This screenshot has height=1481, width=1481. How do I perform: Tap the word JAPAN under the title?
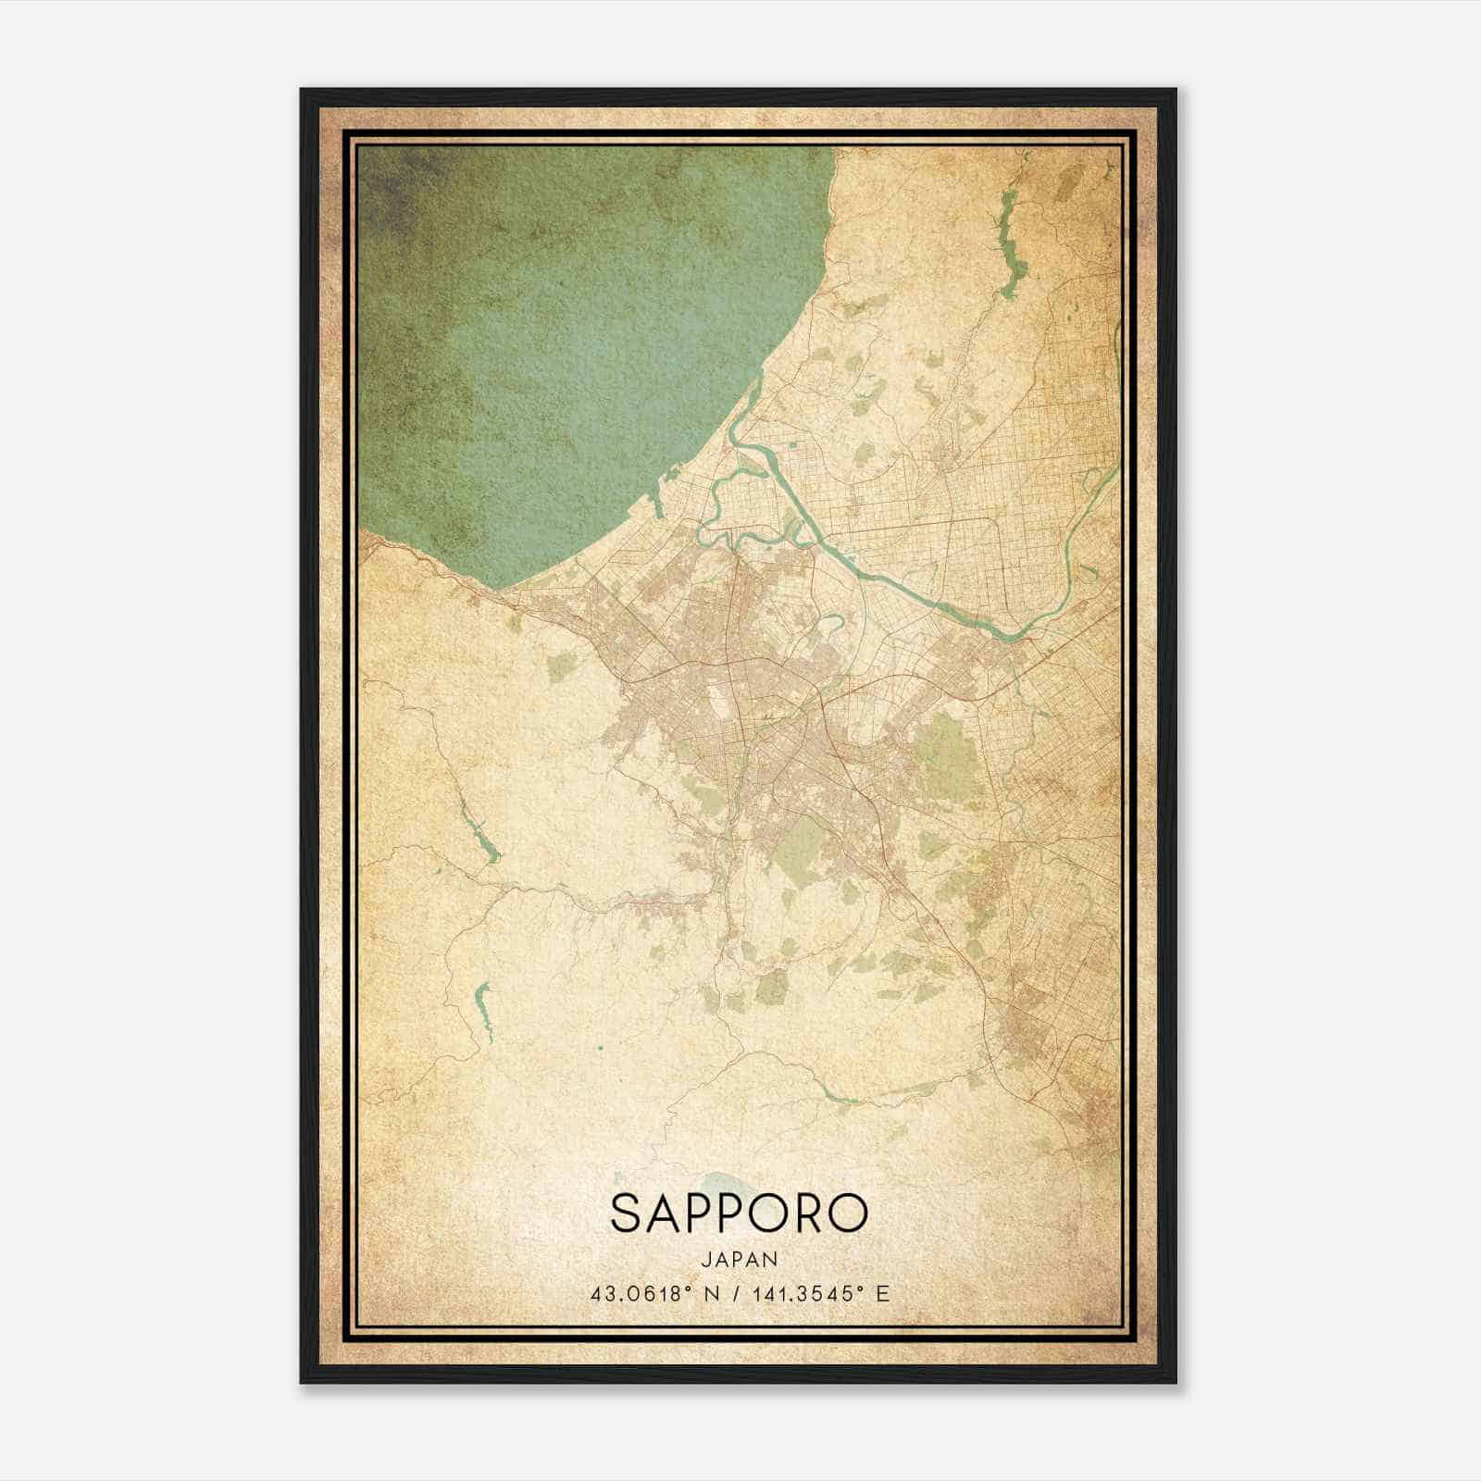point(739,1259)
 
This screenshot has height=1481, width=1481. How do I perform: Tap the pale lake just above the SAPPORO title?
point(717,1182)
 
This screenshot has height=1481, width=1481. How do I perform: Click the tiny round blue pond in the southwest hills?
point(599,1048)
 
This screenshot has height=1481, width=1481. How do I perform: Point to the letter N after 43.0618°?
point(711,1294)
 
